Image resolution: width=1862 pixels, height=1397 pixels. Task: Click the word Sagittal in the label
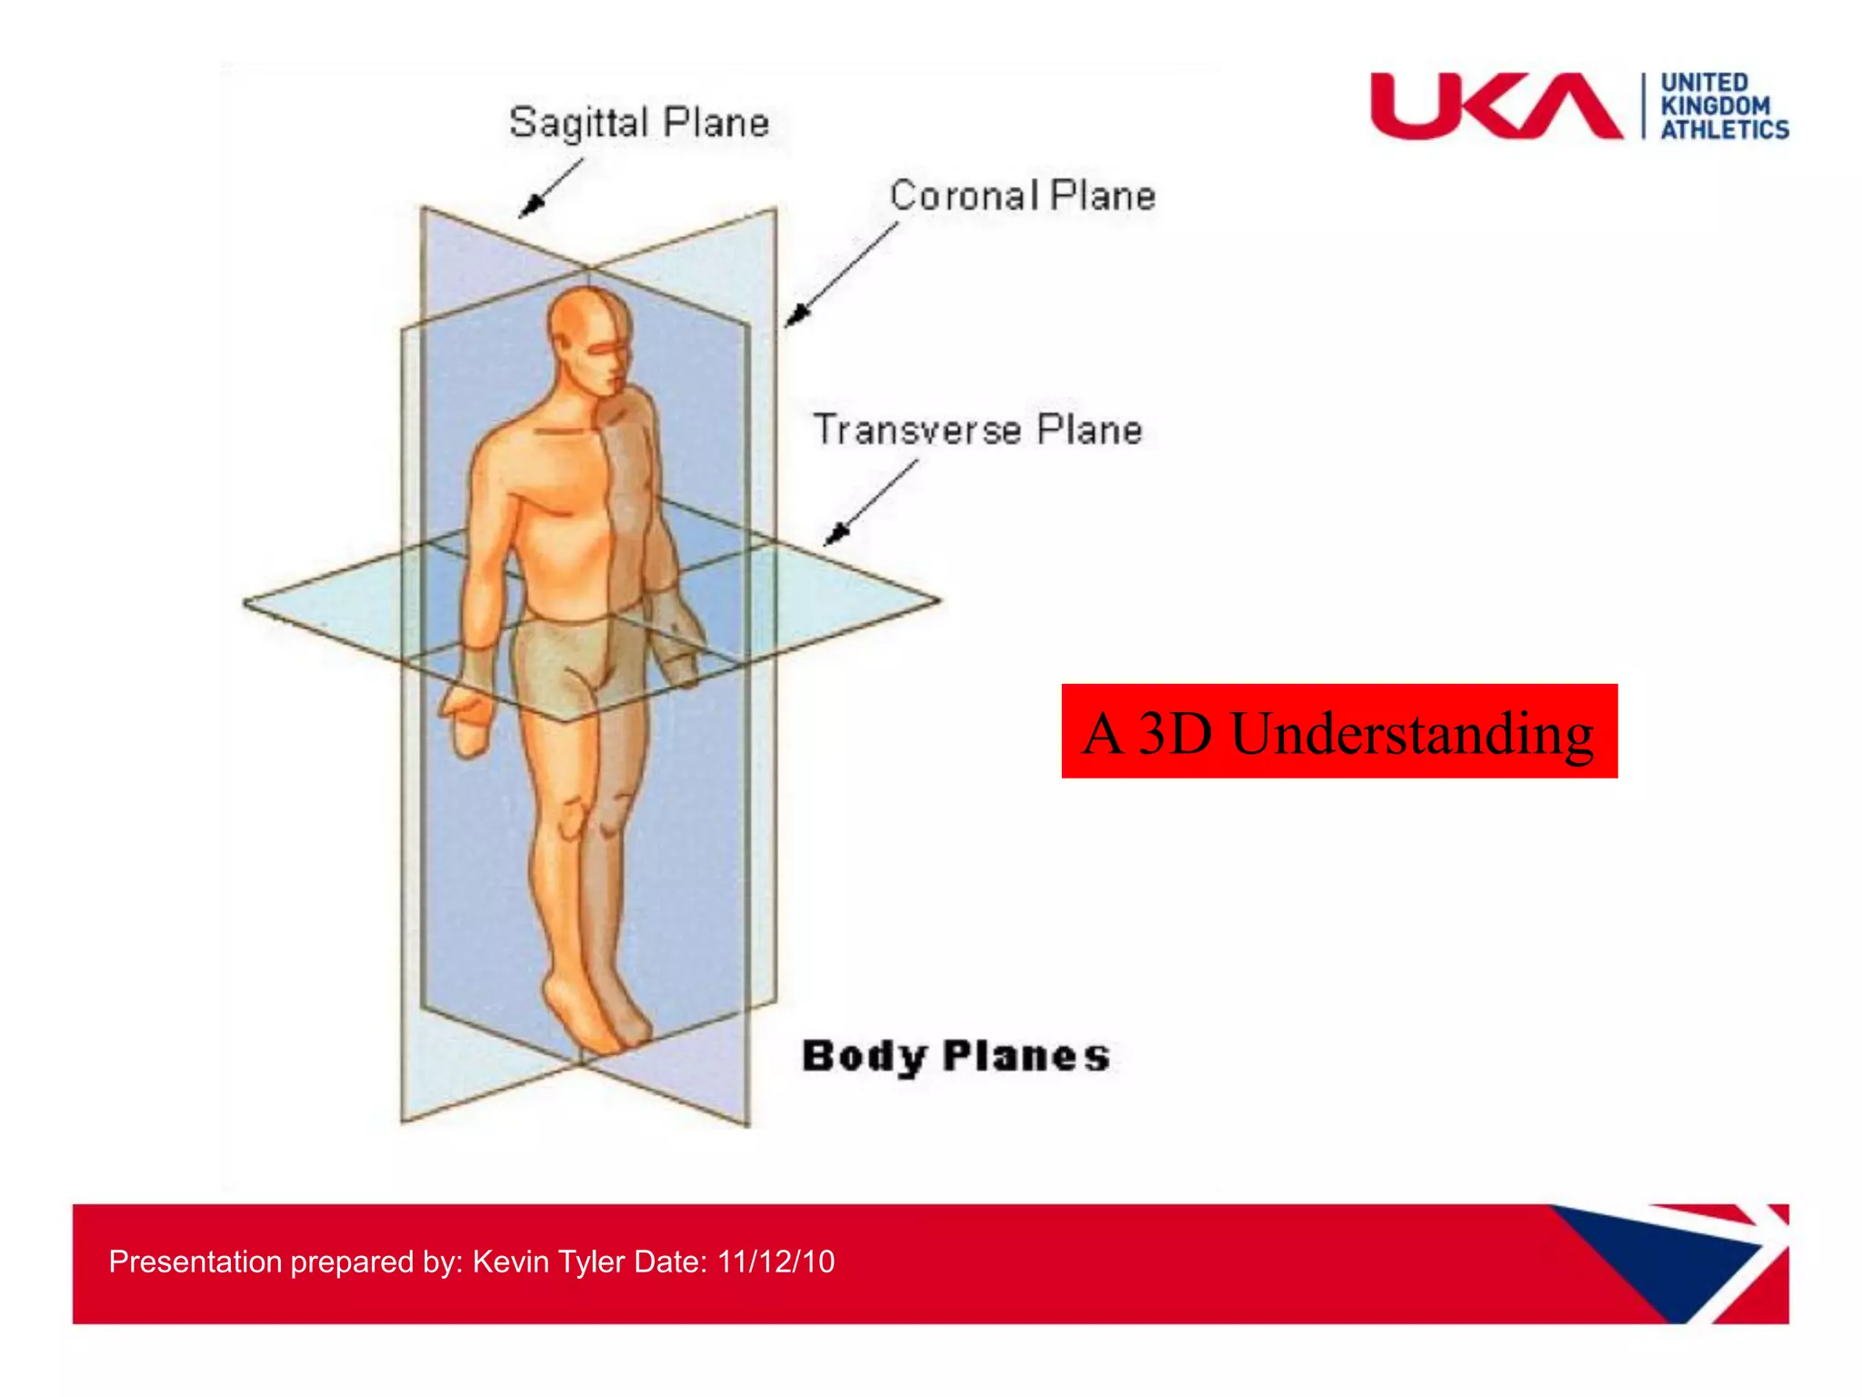tap(579, 123)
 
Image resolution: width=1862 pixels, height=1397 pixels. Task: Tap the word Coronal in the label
tap(964, 196)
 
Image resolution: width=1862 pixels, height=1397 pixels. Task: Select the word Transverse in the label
tap(916, 429)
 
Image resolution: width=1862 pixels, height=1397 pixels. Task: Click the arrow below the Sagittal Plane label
tap(549, 188)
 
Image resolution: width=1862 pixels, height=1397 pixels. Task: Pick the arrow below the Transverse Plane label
tap(869, 503)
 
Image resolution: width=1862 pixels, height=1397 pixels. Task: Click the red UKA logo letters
tap(1495, 106)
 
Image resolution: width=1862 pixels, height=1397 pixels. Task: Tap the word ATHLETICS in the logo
tap(1725, 130)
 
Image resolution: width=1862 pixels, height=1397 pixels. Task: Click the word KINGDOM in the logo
tap(1716, 106)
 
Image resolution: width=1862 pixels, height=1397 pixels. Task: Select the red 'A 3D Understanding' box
tap(1338, 731)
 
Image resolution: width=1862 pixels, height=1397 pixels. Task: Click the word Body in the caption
tap(865, 1057)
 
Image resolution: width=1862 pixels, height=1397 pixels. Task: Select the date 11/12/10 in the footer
tap(776, 1261)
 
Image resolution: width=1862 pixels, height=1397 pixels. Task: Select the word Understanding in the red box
tap(1411, 733)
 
